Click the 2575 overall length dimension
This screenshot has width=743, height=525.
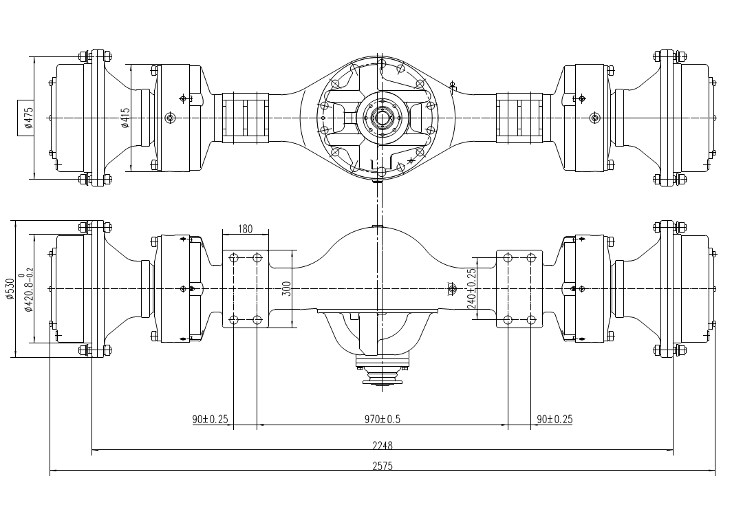tap(383, 466)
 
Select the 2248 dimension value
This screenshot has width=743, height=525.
tap(383, 445)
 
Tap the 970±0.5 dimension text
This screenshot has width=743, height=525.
tap(383, 419)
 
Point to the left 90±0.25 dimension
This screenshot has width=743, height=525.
tap(211, 419)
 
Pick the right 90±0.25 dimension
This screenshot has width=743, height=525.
tap(554, 419)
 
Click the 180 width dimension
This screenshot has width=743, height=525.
tap(245, 229)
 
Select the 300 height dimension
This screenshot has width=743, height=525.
tap(286, 288)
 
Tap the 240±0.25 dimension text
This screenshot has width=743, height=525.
tap(472, 288)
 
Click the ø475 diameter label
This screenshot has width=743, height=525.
tap(28, 118)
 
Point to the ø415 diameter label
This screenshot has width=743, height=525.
tap(125, 118)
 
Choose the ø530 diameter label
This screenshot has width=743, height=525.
tap(10, 289)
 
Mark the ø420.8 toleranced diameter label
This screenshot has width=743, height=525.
tap(28, 289)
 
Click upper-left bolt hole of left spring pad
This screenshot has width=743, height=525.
tap(234, 258)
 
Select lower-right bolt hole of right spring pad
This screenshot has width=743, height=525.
tap(530, 320)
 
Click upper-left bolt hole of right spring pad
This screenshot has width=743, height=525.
tap(508, 258)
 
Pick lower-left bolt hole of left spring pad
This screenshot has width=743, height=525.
tap(234, 320)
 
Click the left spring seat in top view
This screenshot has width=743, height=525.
tap(245, 118)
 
